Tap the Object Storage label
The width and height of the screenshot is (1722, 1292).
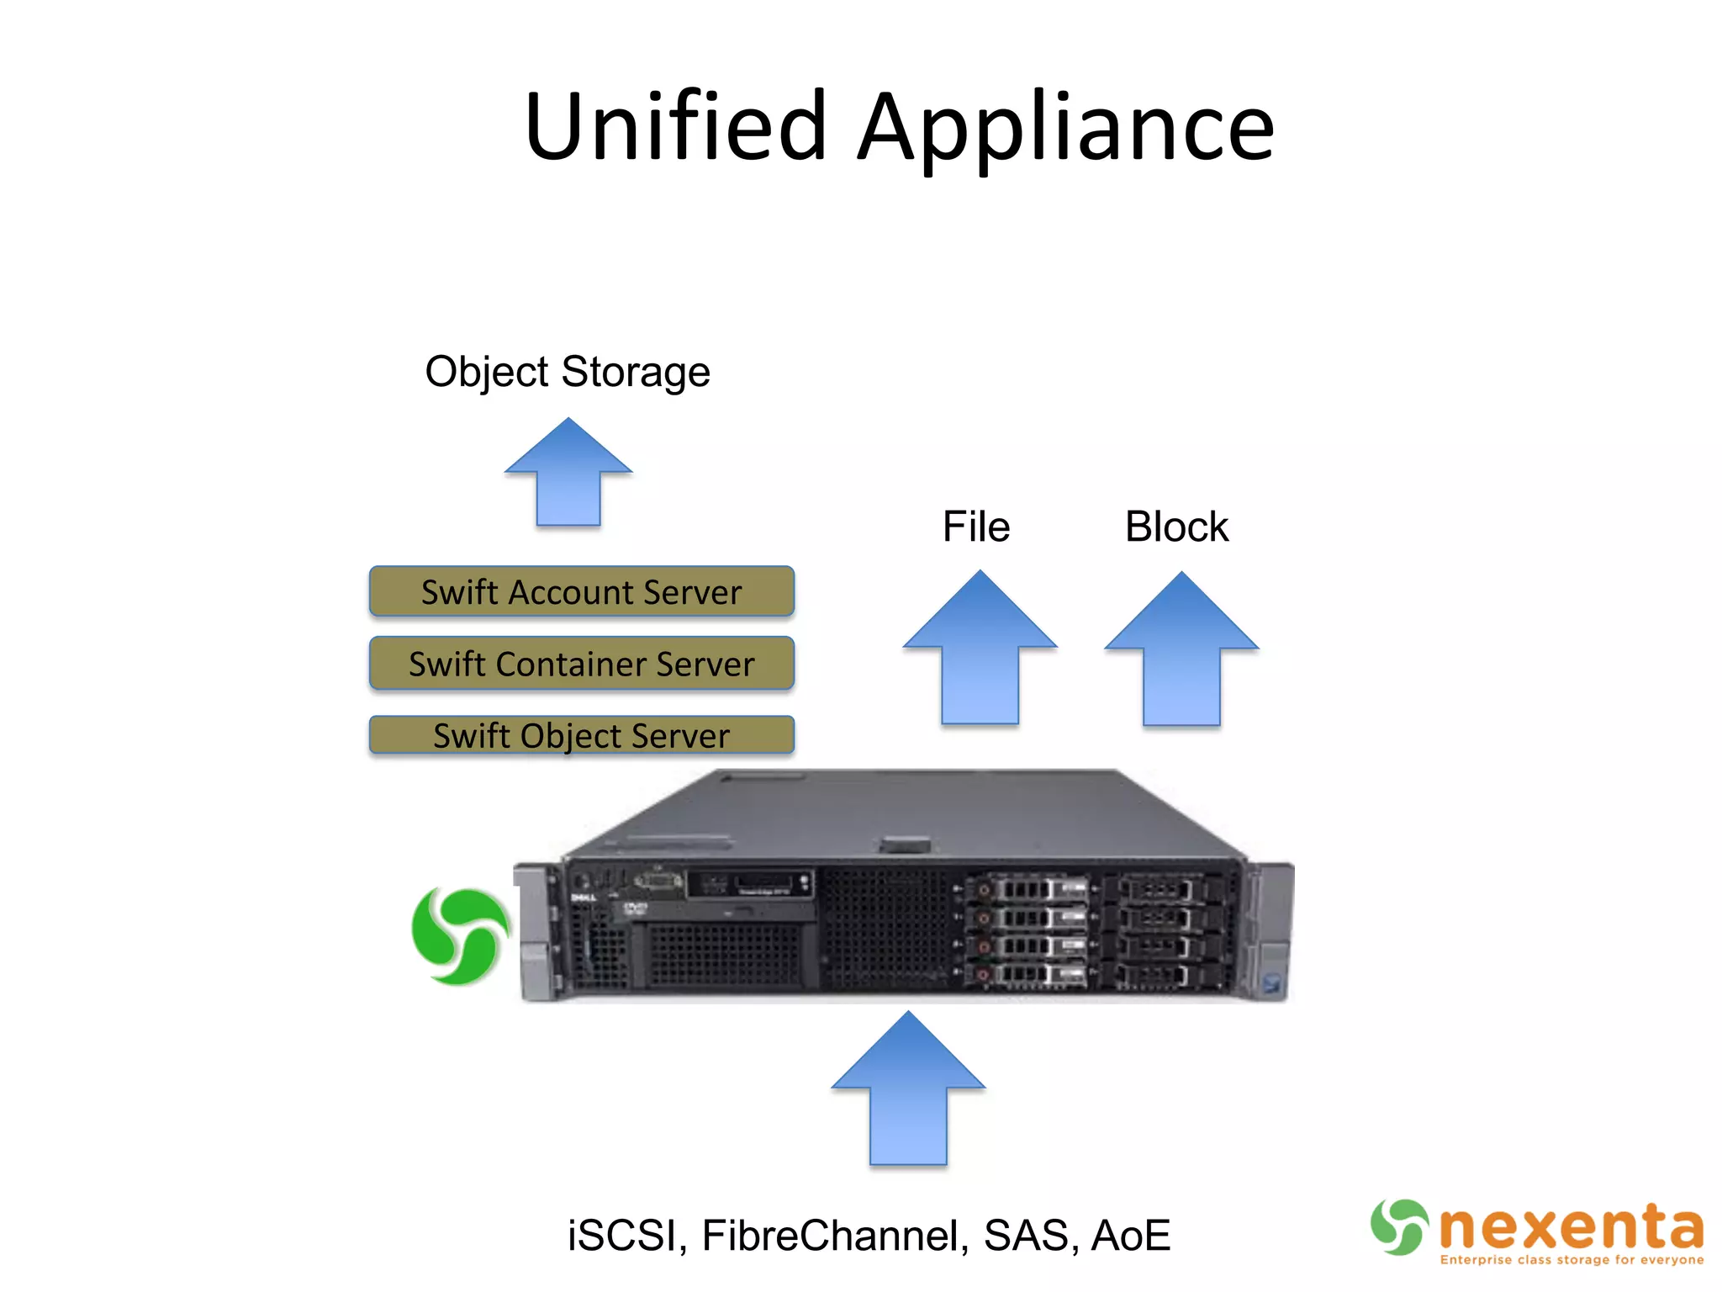568,372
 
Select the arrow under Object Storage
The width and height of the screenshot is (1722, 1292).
568,475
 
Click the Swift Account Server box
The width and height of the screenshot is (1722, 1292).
581,591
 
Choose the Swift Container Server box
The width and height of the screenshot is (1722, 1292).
581,664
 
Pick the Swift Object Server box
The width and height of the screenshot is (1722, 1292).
581,735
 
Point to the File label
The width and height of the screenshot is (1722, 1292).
975,527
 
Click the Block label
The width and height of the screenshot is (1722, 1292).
1176,527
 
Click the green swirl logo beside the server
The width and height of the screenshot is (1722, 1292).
459,935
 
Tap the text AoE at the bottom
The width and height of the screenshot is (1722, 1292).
1131,1236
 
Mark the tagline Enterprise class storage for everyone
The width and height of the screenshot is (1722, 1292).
1571,1260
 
